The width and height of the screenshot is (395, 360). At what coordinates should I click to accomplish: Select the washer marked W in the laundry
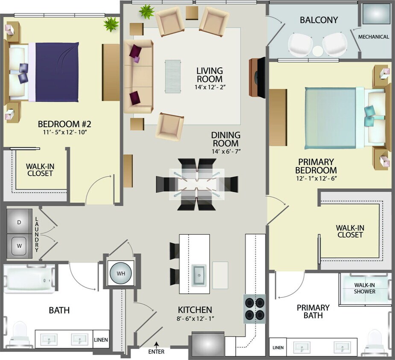click(19, 246)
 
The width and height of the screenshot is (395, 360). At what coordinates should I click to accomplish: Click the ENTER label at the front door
click(156, 352)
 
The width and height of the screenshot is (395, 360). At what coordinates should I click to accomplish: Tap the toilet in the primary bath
click(376, 341)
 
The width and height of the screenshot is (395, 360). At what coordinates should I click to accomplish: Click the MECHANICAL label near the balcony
click(374, 37)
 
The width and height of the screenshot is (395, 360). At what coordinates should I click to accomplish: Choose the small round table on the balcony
click(317, 51)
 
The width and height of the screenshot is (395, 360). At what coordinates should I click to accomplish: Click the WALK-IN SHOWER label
click(365, 288)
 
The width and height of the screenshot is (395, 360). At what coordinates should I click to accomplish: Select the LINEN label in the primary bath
click(278, 348)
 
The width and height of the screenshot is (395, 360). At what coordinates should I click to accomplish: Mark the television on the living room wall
click(258, 77)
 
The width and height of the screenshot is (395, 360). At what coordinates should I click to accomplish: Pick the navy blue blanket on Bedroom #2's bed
click(57, 72)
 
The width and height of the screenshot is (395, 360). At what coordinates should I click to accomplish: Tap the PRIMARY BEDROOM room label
click(316, 166)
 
